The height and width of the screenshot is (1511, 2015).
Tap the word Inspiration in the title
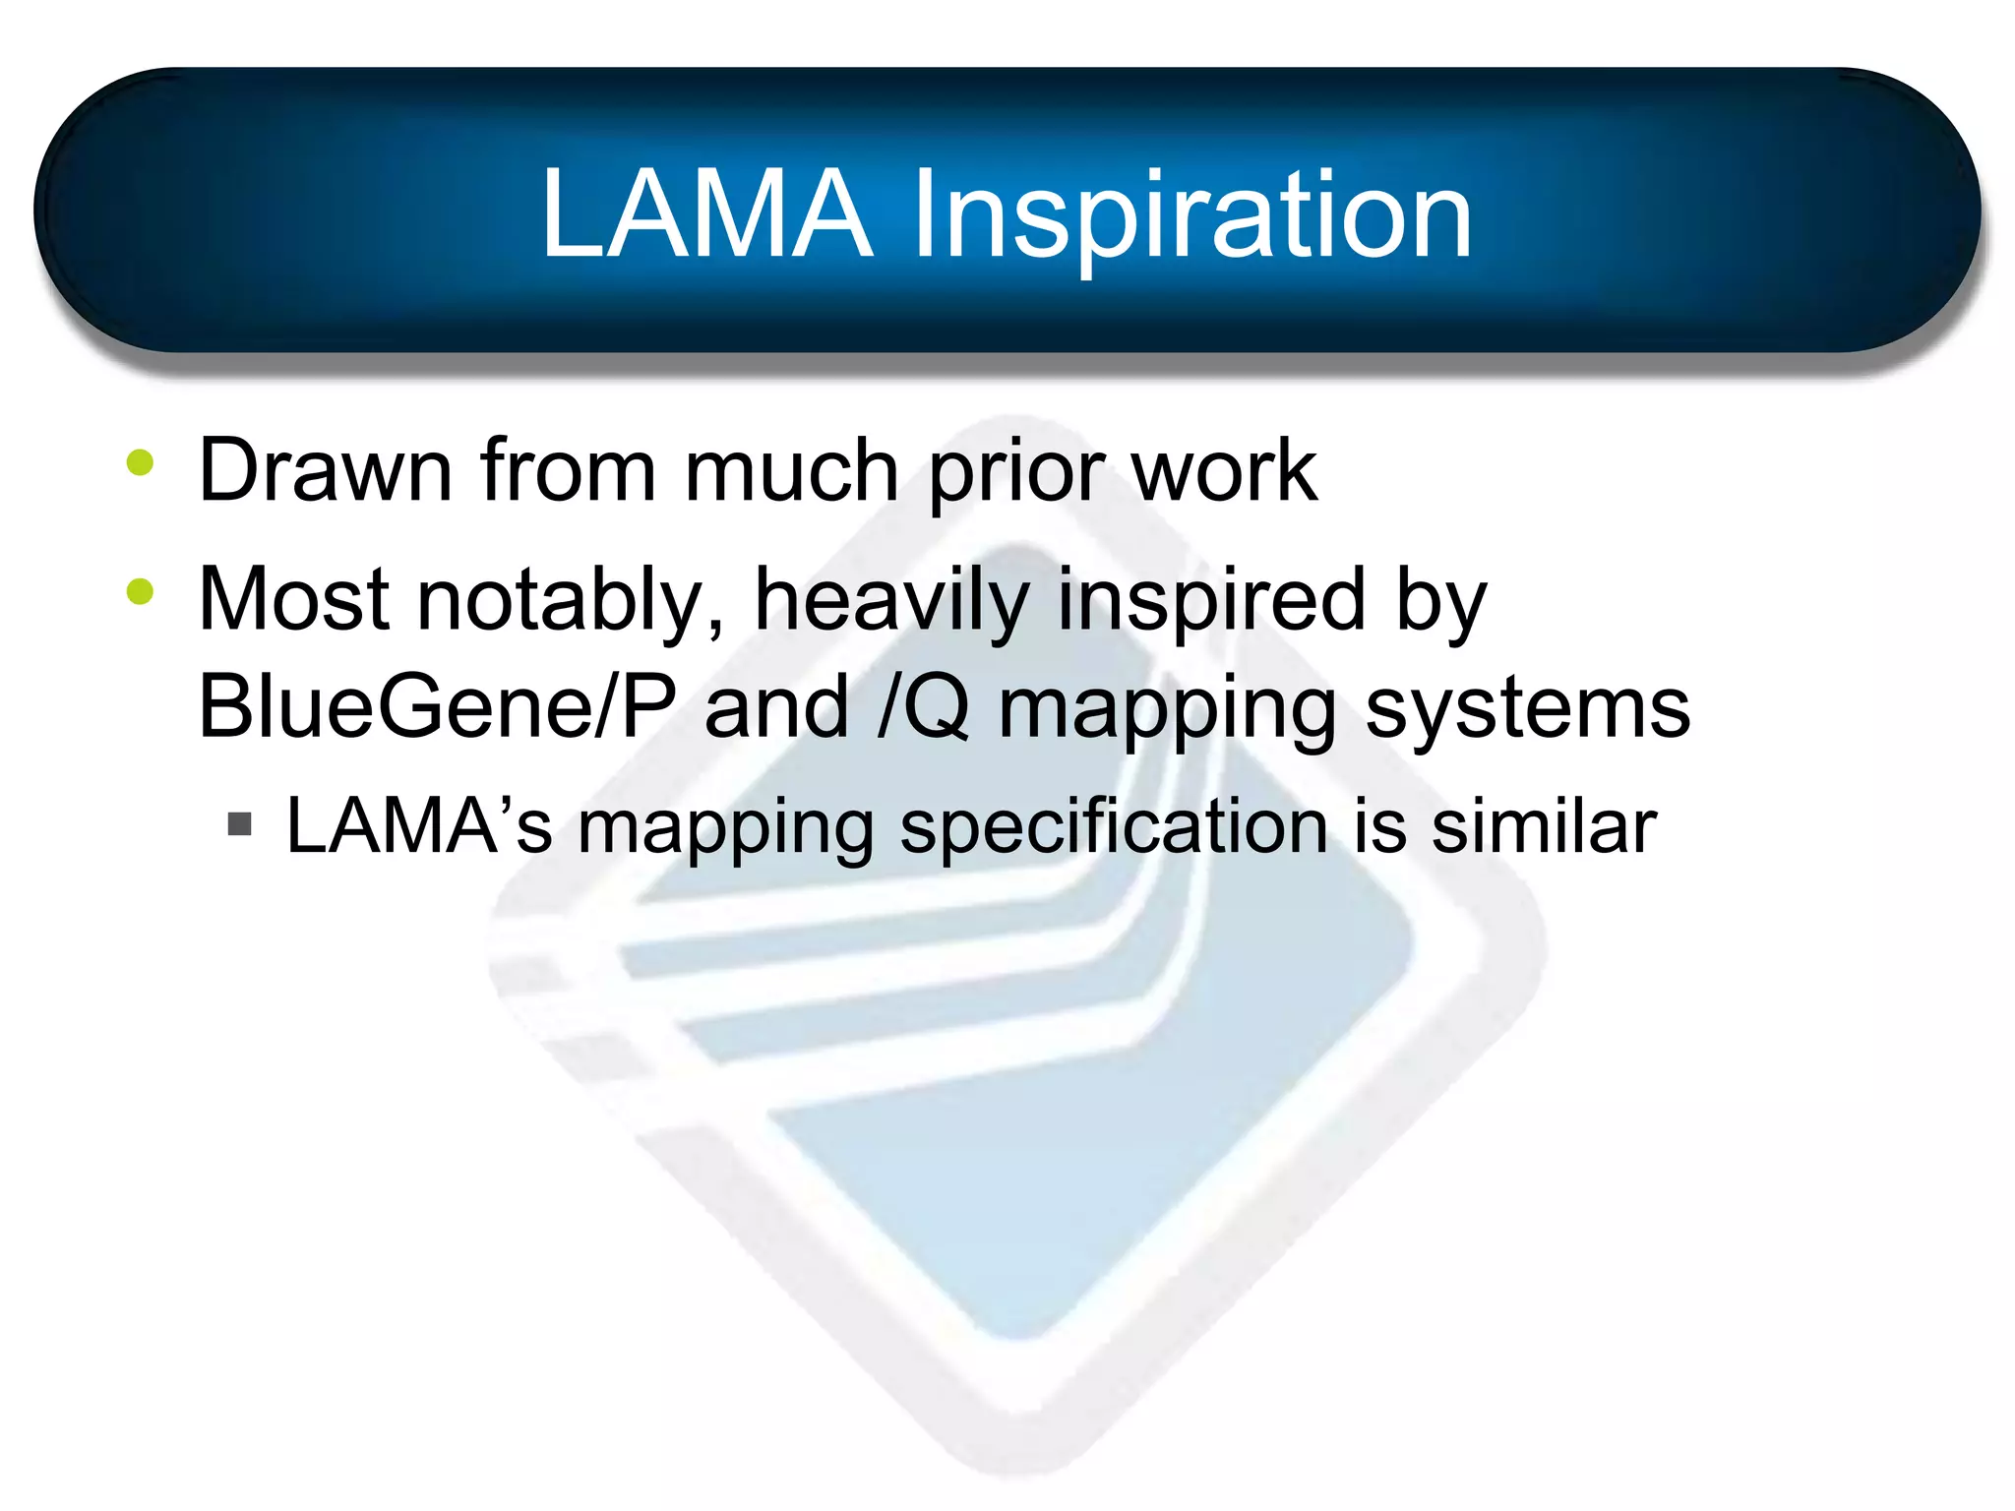[1191, 217]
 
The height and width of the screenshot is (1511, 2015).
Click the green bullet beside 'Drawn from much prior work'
[141, 462]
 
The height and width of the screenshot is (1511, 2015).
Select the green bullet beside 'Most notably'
[141, 591]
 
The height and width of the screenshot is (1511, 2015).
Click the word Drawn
[325, 470]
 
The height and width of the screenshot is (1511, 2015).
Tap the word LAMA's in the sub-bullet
[419, 825]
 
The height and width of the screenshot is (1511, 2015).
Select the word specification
[1114, 828]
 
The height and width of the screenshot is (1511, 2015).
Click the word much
[791, 470]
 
